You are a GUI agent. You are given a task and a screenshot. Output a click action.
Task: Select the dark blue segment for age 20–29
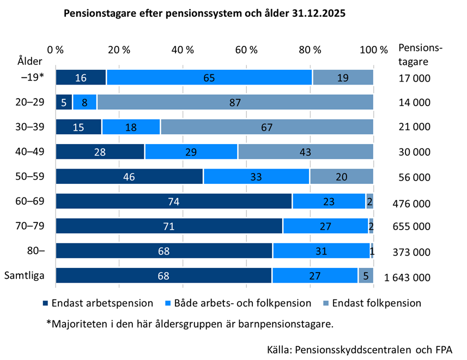tap(64, 102)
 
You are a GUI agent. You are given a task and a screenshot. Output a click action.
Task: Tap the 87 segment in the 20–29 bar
tap(235, 102)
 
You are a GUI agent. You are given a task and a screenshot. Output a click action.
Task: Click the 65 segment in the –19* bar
tap(209, 77)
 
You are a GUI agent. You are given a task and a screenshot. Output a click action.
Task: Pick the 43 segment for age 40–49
tap(305, 152)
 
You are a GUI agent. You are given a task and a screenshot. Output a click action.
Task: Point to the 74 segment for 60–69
tap(174, 201)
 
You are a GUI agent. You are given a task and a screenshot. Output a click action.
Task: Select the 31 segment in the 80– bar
tap(321, 251)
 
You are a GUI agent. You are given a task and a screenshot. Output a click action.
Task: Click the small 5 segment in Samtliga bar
tap(365, 276)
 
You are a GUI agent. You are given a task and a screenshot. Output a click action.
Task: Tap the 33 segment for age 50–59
tap(256, 177)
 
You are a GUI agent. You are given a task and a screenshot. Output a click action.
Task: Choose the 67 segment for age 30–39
tap(266, 127)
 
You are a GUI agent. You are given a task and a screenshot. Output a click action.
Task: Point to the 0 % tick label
tap(56, 50)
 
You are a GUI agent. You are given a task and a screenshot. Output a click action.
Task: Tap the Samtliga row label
tap(25, 275)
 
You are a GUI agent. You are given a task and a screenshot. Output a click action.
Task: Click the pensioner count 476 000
tap(411, 204)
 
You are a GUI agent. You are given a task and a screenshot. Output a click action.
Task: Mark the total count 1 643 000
tap(407, 278)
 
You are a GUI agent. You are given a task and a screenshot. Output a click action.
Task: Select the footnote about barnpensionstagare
tap(190, 324)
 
